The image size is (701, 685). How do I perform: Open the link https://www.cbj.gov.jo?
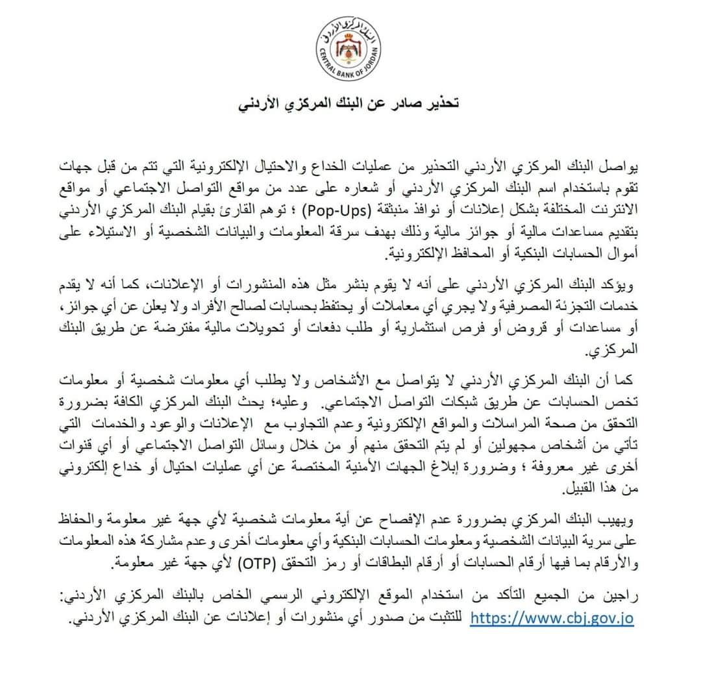[x=551, y=617]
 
